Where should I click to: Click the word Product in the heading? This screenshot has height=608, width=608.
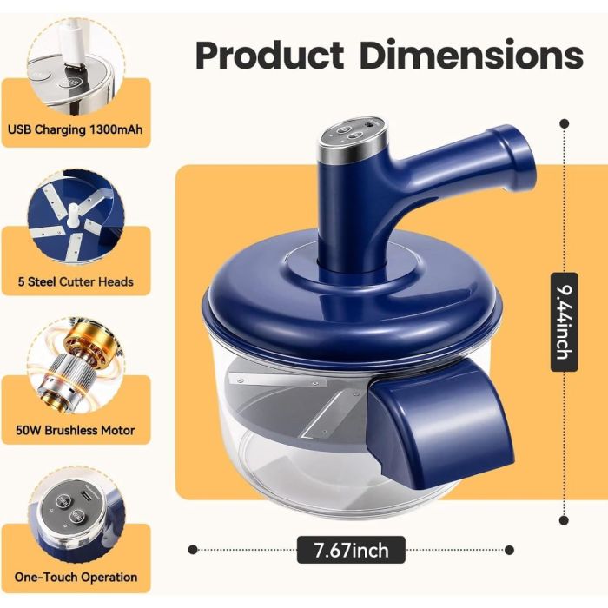coord(270,55)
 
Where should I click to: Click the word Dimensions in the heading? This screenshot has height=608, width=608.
coord(472,54)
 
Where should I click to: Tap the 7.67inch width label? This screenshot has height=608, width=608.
coord(351,550)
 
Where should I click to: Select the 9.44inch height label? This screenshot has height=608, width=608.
coord(565,322)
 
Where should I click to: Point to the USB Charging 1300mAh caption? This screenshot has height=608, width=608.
coord(76,129)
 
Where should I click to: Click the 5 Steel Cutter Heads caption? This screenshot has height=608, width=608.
coord(76,281)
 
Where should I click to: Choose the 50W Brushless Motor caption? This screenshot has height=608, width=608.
coord(76,430)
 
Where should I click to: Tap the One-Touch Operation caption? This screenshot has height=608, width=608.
coord(76,577)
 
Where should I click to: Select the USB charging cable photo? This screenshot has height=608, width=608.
coord(76,67)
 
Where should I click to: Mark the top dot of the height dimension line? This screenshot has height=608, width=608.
coord(565,123)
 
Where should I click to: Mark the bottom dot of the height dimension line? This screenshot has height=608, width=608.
coord(565,520)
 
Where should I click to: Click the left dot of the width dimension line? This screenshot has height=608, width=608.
coord(193,550)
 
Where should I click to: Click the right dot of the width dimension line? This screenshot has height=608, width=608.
coord(510,550)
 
